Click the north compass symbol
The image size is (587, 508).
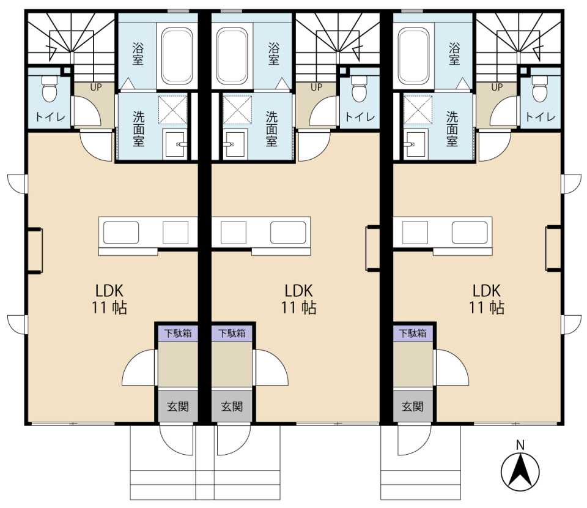(520, 471)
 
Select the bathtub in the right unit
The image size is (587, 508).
(414, 56)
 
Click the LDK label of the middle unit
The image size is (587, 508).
(298, 291)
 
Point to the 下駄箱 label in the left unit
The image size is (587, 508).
(178, 333)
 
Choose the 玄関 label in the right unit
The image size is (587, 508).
(413, 406)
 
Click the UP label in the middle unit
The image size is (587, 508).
(316, 88)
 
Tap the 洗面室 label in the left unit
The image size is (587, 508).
(139, 129)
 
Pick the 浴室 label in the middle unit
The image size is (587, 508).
(274, 54)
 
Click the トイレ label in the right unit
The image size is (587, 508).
(540, 117)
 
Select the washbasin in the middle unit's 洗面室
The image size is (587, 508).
(235, 144)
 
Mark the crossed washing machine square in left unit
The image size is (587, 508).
(172, 110)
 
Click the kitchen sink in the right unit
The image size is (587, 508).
(470, 233)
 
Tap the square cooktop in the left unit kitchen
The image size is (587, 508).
(175, 233)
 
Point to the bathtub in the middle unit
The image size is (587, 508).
(232, 56)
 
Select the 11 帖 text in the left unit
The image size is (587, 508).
(109, 308)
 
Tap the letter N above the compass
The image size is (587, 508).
(520, 445)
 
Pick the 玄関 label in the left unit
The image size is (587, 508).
(178, 406)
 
